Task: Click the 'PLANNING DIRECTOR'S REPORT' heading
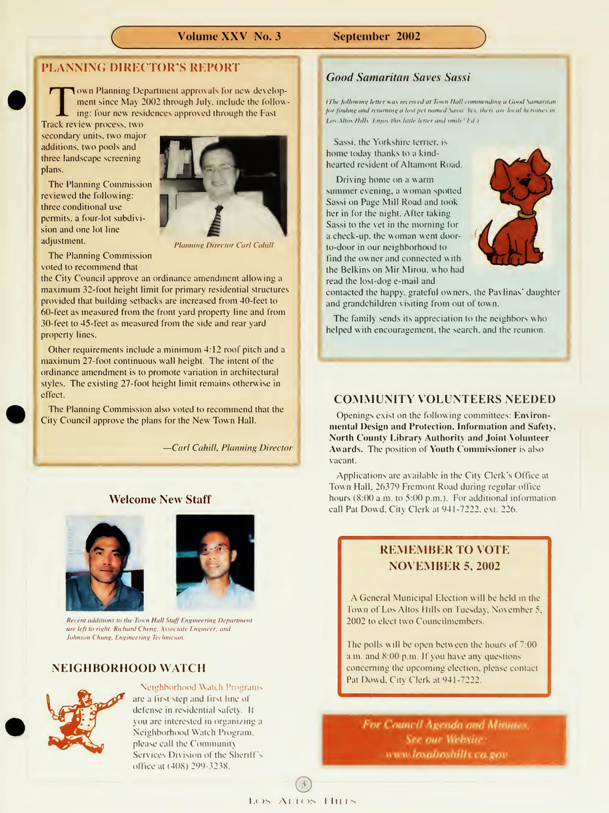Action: [140, 67]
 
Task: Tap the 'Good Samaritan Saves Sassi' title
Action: [398, 77]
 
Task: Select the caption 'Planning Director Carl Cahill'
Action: [223, 245]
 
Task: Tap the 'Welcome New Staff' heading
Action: [160, 499]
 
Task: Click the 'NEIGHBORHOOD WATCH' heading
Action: [128, 668]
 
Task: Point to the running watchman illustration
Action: [83, 720]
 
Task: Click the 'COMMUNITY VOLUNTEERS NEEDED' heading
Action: [445, 399]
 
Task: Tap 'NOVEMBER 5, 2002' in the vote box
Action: [444, 566]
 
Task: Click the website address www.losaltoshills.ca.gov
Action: [446, 755]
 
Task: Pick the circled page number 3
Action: [303, 784]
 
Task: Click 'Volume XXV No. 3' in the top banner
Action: [229, 37]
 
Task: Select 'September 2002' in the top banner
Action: [377, 37]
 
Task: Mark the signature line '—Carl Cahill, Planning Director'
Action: [227, 448]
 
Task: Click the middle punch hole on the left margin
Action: [16, 414]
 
